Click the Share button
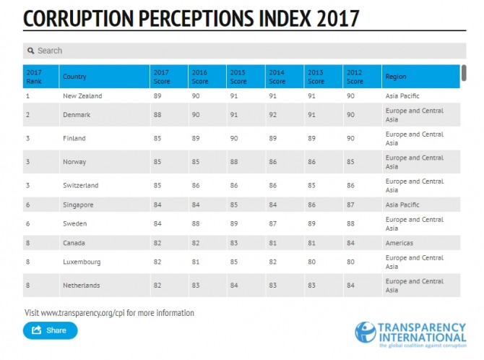(x=50, y=330)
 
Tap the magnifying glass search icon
(x=31, y=51)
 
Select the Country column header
(x=75, y=77)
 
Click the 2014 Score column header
(x=277, y=77)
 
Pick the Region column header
(x=396, y=77)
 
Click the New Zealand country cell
(x=82, y=96)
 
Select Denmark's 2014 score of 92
(x=273, y=115)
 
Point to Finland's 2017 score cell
(x=157, y=138)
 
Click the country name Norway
(x=74, y=162)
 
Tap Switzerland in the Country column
(x=80, y=186)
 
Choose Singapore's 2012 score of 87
(x=350, y=205)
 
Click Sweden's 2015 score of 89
(x=234, y=223)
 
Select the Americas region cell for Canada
(x=399, y=243)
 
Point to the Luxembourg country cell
(x=82, y=262)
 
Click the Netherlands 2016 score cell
(x=196, y=286)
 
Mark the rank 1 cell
(x=28, y=96)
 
